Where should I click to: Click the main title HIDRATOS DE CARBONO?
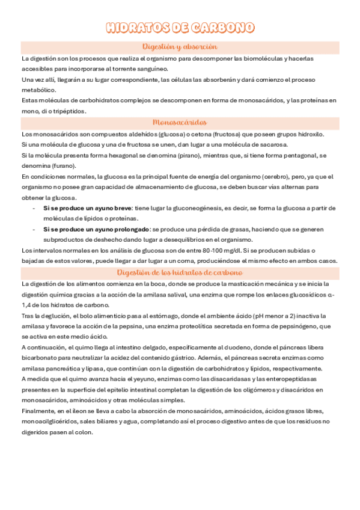(x=180, y=28)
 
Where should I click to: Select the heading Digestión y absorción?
(x=180, y=46)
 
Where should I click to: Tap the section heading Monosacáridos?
(x=180, y=121)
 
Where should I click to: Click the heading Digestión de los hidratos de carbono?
(x=180, y=272)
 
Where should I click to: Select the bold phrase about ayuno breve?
(x=87, y=208)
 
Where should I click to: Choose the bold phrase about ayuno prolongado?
(x=96, y=229)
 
